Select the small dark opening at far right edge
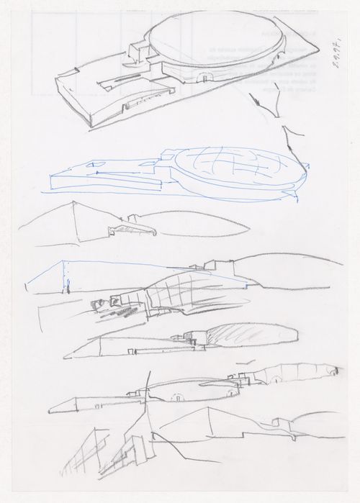click(333, 371)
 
